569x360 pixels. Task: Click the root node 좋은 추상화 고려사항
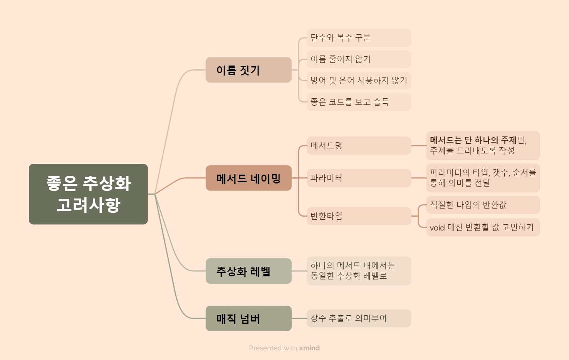(88, 194)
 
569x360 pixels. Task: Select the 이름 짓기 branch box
(248, 70)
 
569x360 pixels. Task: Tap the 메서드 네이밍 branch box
(248, 178)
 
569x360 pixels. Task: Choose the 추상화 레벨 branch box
(248, 271)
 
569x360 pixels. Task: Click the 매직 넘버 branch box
(248, 318)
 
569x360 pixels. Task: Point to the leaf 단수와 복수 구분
(359, 38)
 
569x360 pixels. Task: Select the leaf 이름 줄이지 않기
(359, 59)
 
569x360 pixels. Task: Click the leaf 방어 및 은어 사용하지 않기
(359, 81)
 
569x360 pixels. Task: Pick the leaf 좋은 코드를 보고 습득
(359, 102)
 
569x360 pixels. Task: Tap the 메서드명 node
(359, 146)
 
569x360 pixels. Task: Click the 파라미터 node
(359, 178)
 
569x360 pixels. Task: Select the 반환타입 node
(359, 216)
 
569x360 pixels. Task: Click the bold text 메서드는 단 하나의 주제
(473, 140)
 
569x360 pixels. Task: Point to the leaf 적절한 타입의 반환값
(483, 205)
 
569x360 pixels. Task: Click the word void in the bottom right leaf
(437, 227)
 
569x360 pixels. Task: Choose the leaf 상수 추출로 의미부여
(359, 318)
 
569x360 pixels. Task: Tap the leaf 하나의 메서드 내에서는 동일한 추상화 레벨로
(359, 271)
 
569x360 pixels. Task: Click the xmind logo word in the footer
(309, 348)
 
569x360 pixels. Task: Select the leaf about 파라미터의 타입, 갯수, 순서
(483, 178)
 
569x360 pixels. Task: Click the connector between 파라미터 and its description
(419, 178)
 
